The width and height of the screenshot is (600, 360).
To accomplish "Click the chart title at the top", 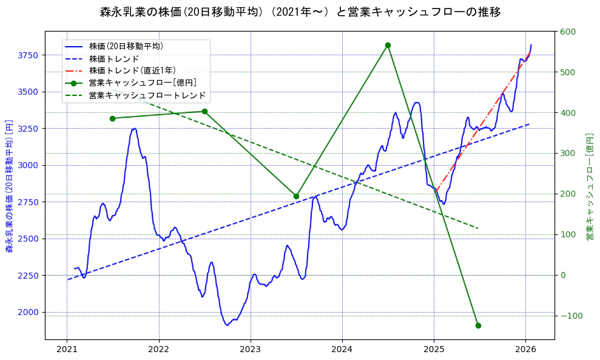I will pyautogui.click(x=300, y=12).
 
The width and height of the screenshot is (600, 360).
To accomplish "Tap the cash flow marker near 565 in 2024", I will pyautogui.click(x=388, y=45).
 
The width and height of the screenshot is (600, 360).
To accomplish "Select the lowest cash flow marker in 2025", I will pyautogui.click(x=478, y=325).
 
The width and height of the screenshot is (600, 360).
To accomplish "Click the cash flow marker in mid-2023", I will pyautogui.click(x=296, y=196).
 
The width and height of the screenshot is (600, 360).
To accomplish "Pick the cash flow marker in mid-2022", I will pyautogui.click(x=204, y=111).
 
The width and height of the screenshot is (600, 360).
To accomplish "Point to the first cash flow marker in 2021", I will pyautogui.click(x=112, y=118).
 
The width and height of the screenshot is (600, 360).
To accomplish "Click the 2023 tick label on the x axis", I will pyautogui.click(x=251, y=349).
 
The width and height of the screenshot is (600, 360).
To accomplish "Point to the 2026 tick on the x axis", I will pyautogui.click(x=525, y=349).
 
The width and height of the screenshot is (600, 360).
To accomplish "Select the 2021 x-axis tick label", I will pyautogui.click(x=67, y=349).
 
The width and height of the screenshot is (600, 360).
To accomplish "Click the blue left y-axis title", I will pyautogui.click(x=9, y=186).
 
